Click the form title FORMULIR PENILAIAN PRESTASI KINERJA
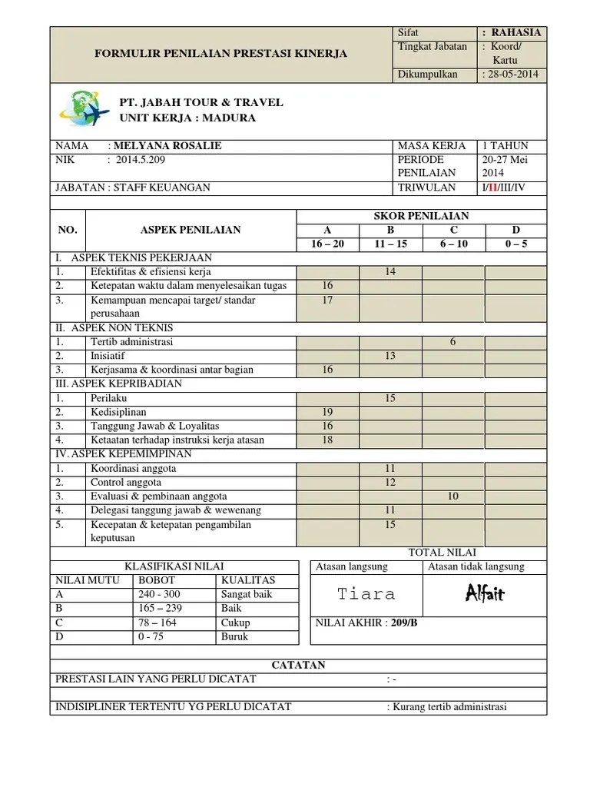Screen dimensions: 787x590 click(220, 54)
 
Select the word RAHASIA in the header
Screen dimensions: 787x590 click(516, 32)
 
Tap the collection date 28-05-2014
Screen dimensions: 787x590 click(512, 75)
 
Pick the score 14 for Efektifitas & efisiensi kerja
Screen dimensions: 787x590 click(390, 272)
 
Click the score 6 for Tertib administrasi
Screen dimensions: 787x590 click(453, 342)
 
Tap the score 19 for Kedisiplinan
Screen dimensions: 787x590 click(327, 412)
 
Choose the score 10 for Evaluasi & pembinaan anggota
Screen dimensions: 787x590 click(453, 496)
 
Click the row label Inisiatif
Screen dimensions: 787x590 click(108, 356)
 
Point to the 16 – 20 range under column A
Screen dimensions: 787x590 click(327, 244)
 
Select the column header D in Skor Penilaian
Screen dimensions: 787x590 click(515, 230)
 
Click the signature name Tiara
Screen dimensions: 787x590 click(366, 594)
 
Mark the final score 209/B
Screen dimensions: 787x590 click(404, 623)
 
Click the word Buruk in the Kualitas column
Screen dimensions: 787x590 click(234, 636)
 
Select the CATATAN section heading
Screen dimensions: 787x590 click(299, 665)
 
